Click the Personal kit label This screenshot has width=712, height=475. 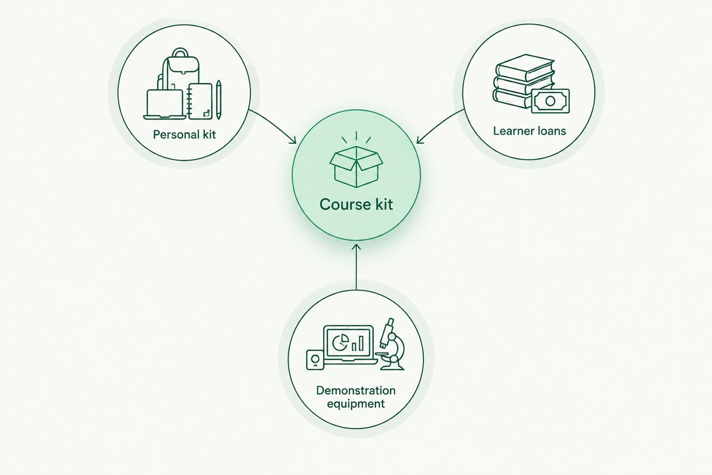(184, 134)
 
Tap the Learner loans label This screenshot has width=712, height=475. (529, 131)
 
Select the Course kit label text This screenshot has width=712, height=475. (356, 204)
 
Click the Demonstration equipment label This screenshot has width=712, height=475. (356, 397)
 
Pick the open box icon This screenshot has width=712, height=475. (356, 166)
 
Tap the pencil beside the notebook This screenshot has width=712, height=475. (219, 100)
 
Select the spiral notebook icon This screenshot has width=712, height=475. (200, 101)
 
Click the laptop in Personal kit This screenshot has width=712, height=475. (165, 104)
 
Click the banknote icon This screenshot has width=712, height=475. (550, 101)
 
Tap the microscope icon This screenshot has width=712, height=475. (390, 344)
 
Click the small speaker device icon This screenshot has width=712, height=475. (315, 360)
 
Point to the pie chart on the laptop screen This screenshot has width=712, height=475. (340, 342)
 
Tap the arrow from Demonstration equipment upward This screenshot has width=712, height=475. (356, 267)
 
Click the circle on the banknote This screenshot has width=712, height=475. (550, 101)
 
